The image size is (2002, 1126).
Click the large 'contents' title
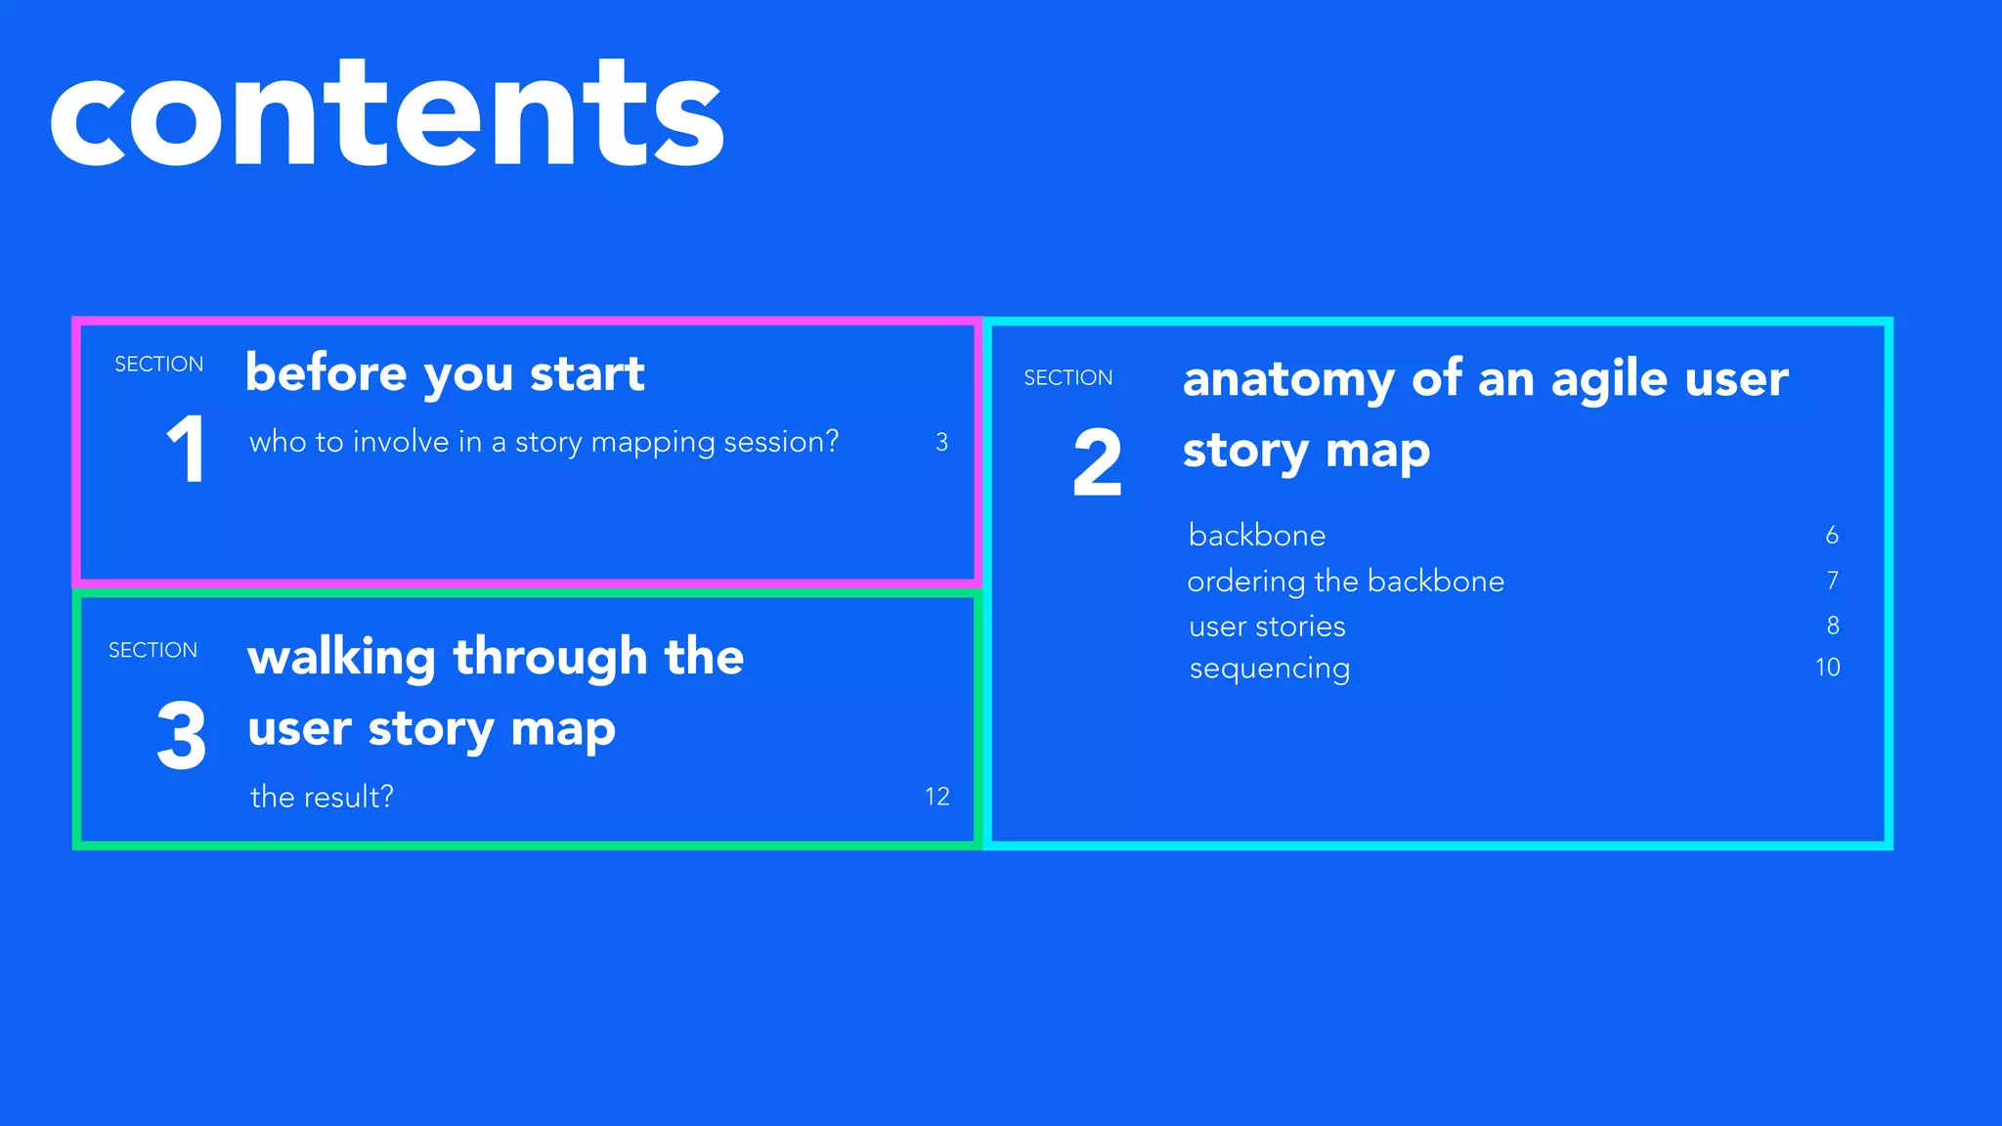[x=387, y=115]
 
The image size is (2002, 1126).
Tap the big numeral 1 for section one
[x=186, y=450]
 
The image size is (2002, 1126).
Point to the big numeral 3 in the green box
[x=182, y=736]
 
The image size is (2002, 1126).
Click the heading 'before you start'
[x=445, y=373]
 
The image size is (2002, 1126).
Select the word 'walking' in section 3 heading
[x=341, y=657]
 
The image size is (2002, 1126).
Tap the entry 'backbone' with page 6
[x=1257, y=536]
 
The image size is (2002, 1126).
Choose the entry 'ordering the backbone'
[x=1345, y=582]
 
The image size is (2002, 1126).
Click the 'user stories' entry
[x=1267, y=627]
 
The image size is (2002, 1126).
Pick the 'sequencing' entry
[x=1269, y=670]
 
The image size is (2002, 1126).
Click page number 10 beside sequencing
[x=1827, y=668]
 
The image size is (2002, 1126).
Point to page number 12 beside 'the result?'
[x=936, y=797]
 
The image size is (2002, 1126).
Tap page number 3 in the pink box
[x=941, y=442]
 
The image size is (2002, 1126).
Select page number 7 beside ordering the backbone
[x=1832, y=581]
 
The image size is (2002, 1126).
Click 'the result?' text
[x=322, y=797]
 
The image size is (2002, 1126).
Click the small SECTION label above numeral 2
[x=1067, y=378]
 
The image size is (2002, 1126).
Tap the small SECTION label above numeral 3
[x=152, y=650]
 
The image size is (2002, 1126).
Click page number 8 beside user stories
[x=1832, y=626]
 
